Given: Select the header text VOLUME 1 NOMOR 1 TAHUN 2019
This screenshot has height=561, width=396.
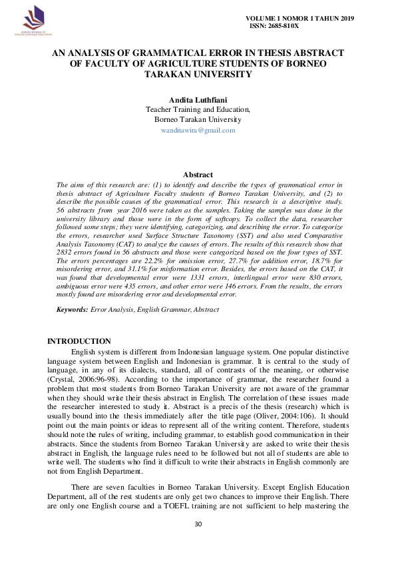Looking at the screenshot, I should pos(301,17).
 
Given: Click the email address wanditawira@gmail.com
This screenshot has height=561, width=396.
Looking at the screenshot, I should pos(198,131).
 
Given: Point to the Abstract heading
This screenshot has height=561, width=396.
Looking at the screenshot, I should pos(198,175).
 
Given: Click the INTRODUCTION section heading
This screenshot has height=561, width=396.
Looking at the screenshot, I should pos(79,341).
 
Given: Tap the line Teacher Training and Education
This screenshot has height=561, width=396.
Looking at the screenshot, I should pos(198,109).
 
